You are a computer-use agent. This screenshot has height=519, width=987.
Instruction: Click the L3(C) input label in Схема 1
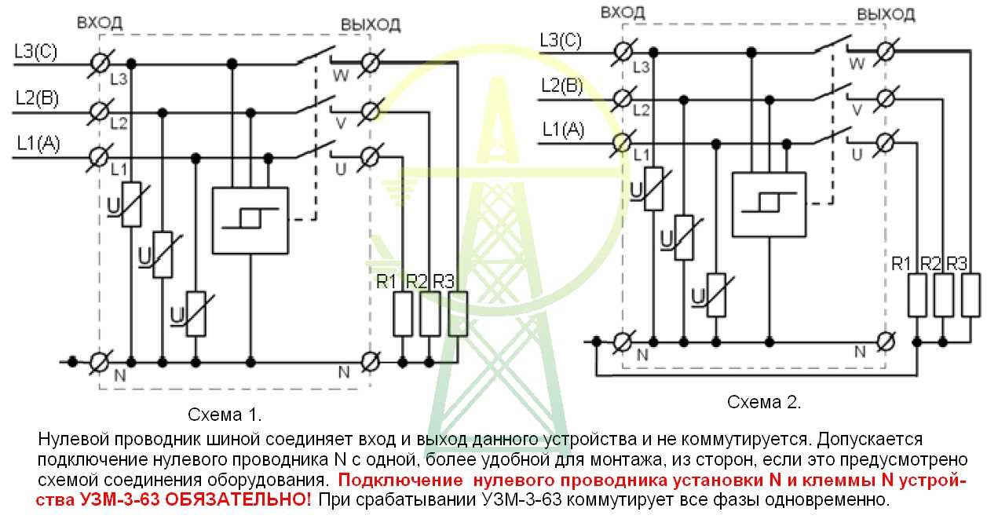[x=36, y=53]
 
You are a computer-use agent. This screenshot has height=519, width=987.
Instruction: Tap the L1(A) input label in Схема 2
[x=563, y=130]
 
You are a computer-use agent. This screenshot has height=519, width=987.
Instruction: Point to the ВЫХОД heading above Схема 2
[x=885, y=15]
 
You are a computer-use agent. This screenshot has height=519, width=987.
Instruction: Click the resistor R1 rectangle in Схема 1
[x=403, y=314]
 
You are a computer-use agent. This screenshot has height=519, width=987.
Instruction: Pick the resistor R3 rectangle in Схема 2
[x=971, y=295]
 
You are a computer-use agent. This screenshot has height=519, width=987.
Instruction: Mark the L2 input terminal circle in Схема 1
[x=100, y=111]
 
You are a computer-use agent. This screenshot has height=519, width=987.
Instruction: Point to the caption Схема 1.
[x=225, y=413]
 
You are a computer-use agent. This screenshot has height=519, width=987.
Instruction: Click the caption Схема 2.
[x=764, y=402]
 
